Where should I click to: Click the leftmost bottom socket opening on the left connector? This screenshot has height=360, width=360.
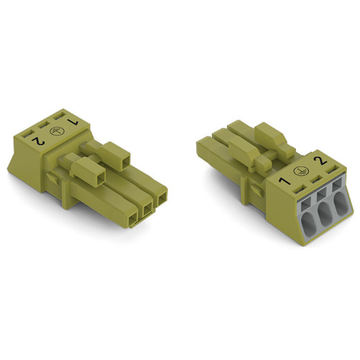[131, 215]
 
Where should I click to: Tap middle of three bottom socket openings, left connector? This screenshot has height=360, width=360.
[147, 207]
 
